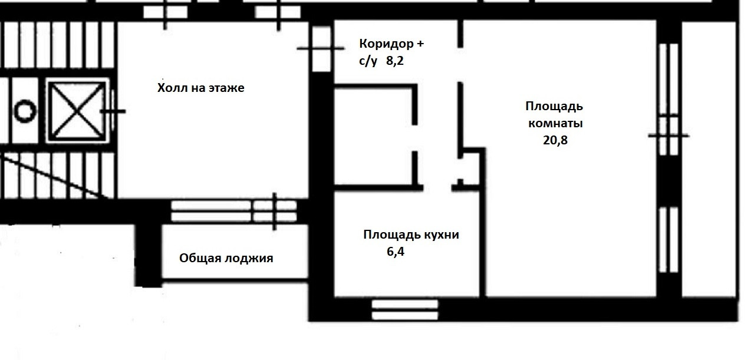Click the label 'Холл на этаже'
(200, 88)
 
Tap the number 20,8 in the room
(555, 140)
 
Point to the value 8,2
(395, 60)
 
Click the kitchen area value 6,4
(396, 252)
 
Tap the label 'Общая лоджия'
(226, 258)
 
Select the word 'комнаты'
(555, 124)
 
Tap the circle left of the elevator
(25, 111)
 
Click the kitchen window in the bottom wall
(406, 309)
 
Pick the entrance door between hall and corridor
(321, 49)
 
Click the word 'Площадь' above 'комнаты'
(554, 107)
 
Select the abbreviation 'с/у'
(368, 60)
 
